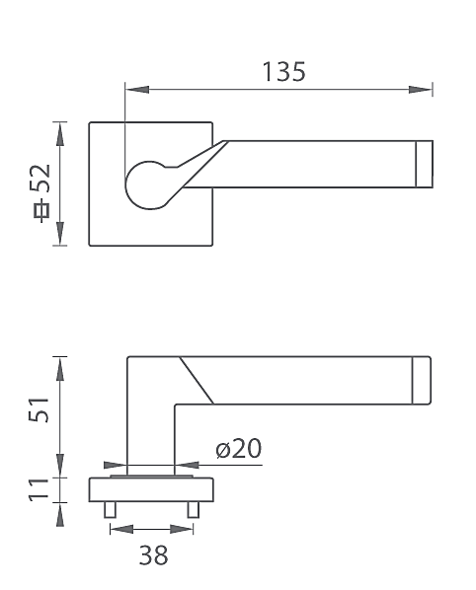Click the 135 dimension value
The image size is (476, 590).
tap(283, 71)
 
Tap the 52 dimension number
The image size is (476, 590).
tap(40, 179)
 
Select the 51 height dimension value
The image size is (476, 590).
tap(39, 409)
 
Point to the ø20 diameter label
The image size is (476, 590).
tap(239, 448)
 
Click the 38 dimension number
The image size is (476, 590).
tap(153, 554)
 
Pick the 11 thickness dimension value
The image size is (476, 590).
tap(39, 489)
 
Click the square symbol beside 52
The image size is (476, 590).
tap(41, 211)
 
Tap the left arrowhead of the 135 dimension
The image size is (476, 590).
tap(137, 90)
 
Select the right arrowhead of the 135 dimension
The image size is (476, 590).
tap(421, 90)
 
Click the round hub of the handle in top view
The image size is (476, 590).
tap(147, 185)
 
